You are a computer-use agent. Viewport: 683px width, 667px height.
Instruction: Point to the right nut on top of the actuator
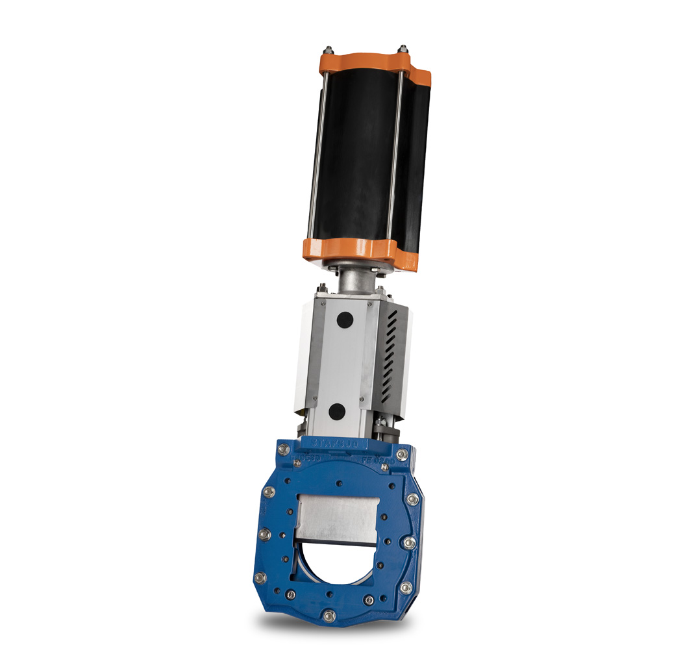[403, 49]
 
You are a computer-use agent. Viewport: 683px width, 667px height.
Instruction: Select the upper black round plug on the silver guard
[344, 319]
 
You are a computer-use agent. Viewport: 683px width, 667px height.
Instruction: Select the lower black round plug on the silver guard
[336, 410]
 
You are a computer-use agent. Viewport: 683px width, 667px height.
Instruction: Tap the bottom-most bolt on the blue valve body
[329, 614]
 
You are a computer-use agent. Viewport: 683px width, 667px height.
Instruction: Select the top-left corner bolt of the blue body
[283, 449]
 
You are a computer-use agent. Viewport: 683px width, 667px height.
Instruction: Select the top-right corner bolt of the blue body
[402, 455]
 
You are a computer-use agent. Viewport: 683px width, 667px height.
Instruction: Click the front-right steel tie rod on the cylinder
[393, 156]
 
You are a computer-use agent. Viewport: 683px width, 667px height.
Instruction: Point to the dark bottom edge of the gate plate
[334, 543]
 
